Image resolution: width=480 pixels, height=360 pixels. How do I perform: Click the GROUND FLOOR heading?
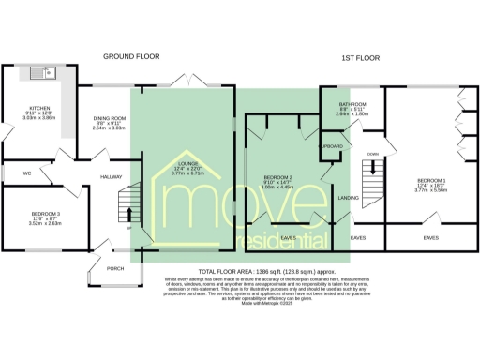click(130, 56)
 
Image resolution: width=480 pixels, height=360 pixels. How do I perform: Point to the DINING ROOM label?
click(110, 119)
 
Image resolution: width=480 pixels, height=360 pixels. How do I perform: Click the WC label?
click(26, 173)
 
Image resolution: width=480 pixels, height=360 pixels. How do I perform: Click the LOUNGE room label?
click(189, 166)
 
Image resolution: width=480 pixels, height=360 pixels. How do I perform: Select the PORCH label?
click(115, 268)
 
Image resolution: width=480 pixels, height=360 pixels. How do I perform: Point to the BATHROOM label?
click(352, 105)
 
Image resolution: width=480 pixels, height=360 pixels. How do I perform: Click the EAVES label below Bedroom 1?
click(430, 238)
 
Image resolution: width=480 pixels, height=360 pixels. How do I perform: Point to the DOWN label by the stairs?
click(372, 154)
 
